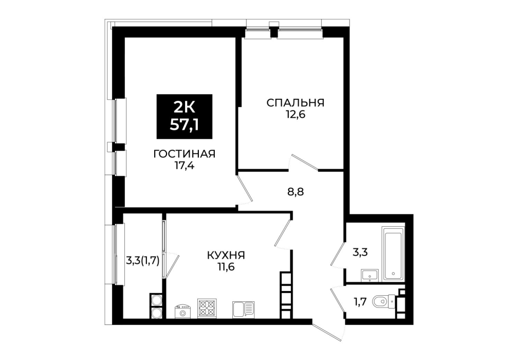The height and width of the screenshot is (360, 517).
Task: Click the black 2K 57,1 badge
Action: point(184,116)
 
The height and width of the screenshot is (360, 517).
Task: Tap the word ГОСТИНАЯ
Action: point(184,154)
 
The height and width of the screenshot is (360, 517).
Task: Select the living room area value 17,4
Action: point(184,165)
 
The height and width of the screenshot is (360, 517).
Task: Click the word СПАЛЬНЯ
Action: point(295,103)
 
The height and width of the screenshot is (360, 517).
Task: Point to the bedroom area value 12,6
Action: point(295,115)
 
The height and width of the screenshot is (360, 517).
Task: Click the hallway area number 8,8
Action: point(294,191)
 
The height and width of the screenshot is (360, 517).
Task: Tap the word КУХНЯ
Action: point(226,255)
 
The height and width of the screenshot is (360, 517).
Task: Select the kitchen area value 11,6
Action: point(226,266)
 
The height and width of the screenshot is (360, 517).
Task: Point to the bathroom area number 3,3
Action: point(360,253)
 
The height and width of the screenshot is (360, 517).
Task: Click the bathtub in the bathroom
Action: point(393,254)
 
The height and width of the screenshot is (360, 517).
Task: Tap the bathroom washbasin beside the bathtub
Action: point(370,275)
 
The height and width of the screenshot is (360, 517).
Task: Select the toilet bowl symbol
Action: point(383,301)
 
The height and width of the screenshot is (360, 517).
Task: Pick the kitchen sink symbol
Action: point(244,309)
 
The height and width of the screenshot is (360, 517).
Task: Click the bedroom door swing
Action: point(303,163)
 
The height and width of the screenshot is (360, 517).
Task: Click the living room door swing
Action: point(245,188)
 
